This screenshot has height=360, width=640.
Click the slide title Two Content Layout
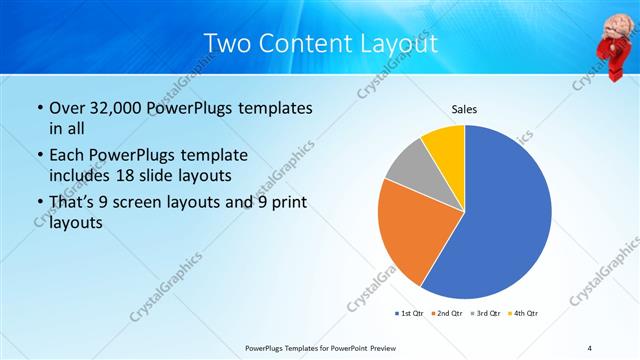point(320,43)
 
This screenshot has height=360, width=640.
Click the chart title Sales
point(464,108)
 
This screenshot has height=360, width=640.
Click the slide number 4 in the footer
point(590,347)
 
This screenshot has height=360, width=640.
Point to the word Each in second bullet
point(67,155)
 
